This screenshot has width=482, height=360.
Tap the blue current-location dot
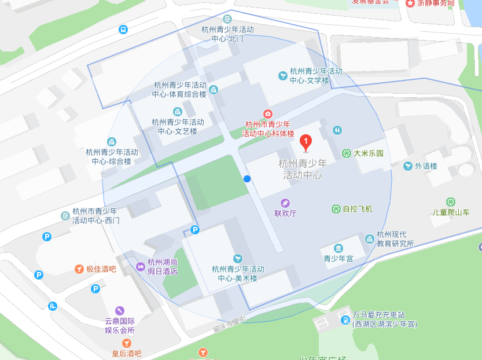[x=247, y=179]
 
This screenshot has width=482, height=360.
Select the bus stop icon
[x=123, y=30]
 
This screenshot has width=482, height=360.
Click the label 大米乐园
[x=369, y=153]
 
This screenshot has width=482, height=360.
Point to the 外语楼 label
[x=426, y=166]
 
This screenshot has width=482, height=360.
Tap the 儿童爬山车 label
[x=451, y=212]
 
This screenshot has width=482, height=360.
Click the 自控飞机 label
[x=358, y=209]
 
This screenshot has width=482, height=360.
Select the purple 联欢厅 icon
[x=285, y=203]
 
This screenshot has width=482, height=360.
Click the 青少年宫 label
[x=338, y=259]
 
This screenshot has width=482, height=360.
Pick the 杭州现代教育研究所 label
[x=395, y=239]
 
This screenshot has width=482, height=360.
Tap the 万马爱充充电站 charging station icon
[x=345, y=319]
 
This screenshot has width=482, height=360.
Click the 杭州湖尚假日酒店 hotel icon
[x=140, y=266]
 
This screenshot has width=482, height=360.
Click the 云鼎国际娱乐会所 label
[x=120, y=326]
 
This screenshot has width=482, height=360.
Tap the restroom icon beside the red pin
[x=338, y=130]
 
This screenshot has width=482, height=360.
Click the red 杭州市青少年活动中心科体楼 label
[x=268, y=128]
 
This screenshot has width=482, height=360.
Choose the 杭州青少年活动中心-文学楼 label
[x=316, y=76]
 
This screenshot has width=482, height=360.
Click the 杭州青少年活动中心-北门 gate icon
[x=227, y=19]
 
